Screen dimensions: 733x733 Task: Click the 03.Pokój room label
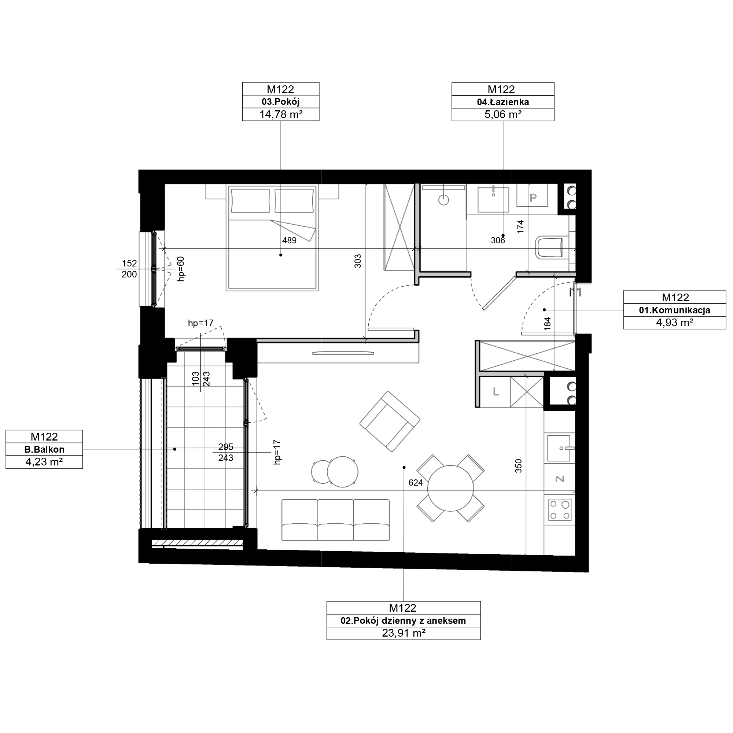pos(280,102)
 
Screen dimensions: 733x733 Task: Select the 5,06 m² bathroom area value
pos(503,114)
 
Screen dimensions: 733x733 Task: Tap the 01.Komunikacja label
pos(675,310)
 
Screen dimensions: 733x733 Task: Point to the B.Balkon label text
pos(44,449)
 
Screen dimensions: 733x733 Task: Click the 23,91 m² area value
pos(403,633)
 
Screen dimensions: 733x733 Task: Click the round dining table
pos(450,489)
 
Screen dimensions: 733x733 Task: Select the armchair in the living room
pos(390,421)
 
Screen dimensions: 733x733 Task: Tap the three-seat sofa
pos(335,520)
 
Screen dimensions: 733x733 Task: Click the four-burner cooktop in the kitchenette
pos(560,510)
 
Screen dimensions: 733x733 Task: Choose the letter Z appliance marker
pos(560,479)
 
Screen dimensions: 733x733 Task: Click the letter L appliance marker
pos(496,392)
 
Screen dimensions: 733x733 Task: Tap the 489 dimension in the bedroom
pos(289,240)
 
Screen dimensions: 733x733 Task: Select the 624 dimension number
pos(416,483)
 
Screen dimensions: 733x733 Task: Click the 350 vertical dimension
pos(518,466)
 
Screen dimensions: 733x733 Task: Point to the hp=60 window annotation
pos(181,269)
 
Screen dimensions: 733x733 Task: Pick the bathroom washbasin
pos(493,200)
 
